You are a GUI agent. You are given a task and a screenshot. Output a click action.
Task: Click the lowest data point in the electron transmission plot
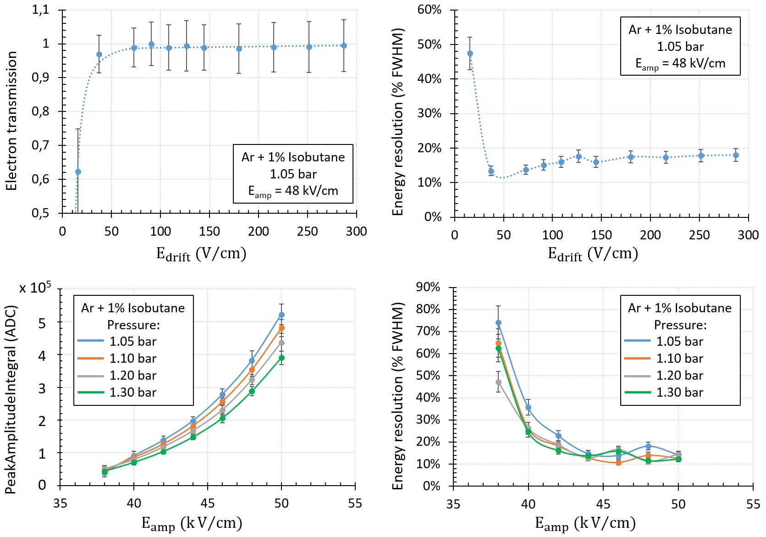click(78, 172)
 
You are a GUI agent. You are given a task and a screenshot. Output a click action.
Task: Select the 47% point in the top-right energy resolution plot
click(470, 54)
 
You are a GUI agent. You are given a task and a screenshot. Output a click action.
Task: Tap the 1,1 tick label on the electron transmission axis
click(40, 10)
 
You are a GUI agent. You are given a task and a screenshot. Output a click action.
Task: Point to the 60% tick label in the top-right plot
click(429, 10)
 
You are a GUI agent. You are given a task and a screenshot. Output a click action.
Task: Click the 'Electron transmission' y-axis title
click(11, 121)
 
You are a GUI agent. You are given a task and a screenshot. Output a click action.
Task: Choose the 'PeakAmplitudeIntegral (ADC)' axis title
click(10, 399)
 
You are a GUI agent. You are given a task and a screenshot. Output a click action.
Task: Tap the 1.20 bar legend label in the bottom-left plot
click(133, 376)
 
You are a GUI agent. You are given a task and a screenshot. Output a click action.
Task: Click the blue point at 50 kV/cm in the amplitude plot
click(281, 315)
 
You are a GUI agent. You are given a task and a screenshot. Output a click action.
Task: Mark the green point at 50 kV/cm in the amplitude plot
click(281, 358)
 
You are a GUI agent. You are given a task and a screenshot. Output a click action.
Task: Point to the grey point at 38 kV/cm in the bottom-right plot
click(498, 382)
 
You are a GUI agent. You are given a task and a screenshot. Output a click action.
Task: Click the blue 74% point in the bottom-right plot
click(498, 323)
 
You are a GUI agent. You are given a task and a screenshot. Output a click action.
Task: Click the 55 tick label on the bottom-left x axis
click(355, 504)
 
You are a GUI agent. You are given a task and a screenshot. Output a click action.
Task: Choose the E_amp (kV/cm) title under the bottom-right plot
click(585, 523)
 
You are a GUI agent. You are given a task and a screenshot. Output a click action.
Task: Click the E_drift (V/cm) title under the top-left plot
click(201, 254)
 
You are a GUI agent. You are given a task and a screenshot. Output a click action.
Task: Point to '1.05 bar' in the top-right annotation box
click(680, 47)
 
